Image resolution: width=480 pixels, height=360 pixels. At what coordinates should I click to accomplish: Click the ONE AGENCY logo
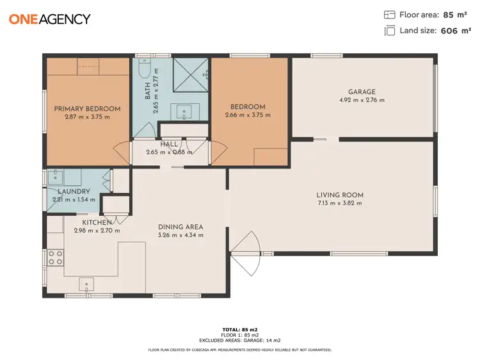(x=49, y=19)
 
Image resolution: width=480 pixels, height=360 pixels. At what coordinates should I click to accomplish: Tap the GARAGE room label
(x=362, y=92)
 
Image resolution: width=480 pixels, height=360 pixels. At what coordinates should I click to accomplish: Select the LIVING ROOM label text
(x=339, y=195)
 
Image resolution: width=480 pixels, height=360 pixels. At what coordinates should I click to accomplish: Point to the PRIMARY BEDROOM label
(x=87, y=108)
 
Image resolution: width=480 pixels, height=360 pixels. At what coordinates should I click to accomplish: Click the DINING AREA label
(x=180, y=227)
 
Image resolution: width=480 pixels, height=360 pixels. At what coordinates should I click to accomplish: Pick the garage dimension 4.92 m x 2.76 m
(x=362, y=100)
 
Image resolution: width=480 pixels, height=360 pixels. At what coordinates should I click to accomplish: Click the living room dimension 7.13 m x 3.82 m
(x=339, y=203)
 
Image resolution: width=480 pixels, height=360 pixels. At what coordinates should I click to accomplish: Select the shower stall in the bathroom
(x=191, y=74)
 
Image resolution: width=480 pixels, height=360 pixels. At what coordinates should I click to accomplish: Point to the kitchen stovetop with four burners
(x=55, y=258)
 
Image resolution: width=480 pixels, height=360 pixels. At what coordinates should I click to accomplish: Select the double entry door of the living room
(x=246, y=254)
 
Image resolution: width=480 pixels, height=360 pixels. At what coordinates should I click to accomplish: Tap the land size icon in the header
(x=389, y=31)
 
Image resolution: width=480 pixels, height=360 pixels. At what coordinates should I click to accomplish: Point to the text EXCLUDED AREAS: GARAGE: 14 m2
(x=240, y=341)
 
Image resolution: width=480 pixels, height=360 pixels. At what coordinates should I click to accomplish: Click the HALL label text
(x=169, y=144)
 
